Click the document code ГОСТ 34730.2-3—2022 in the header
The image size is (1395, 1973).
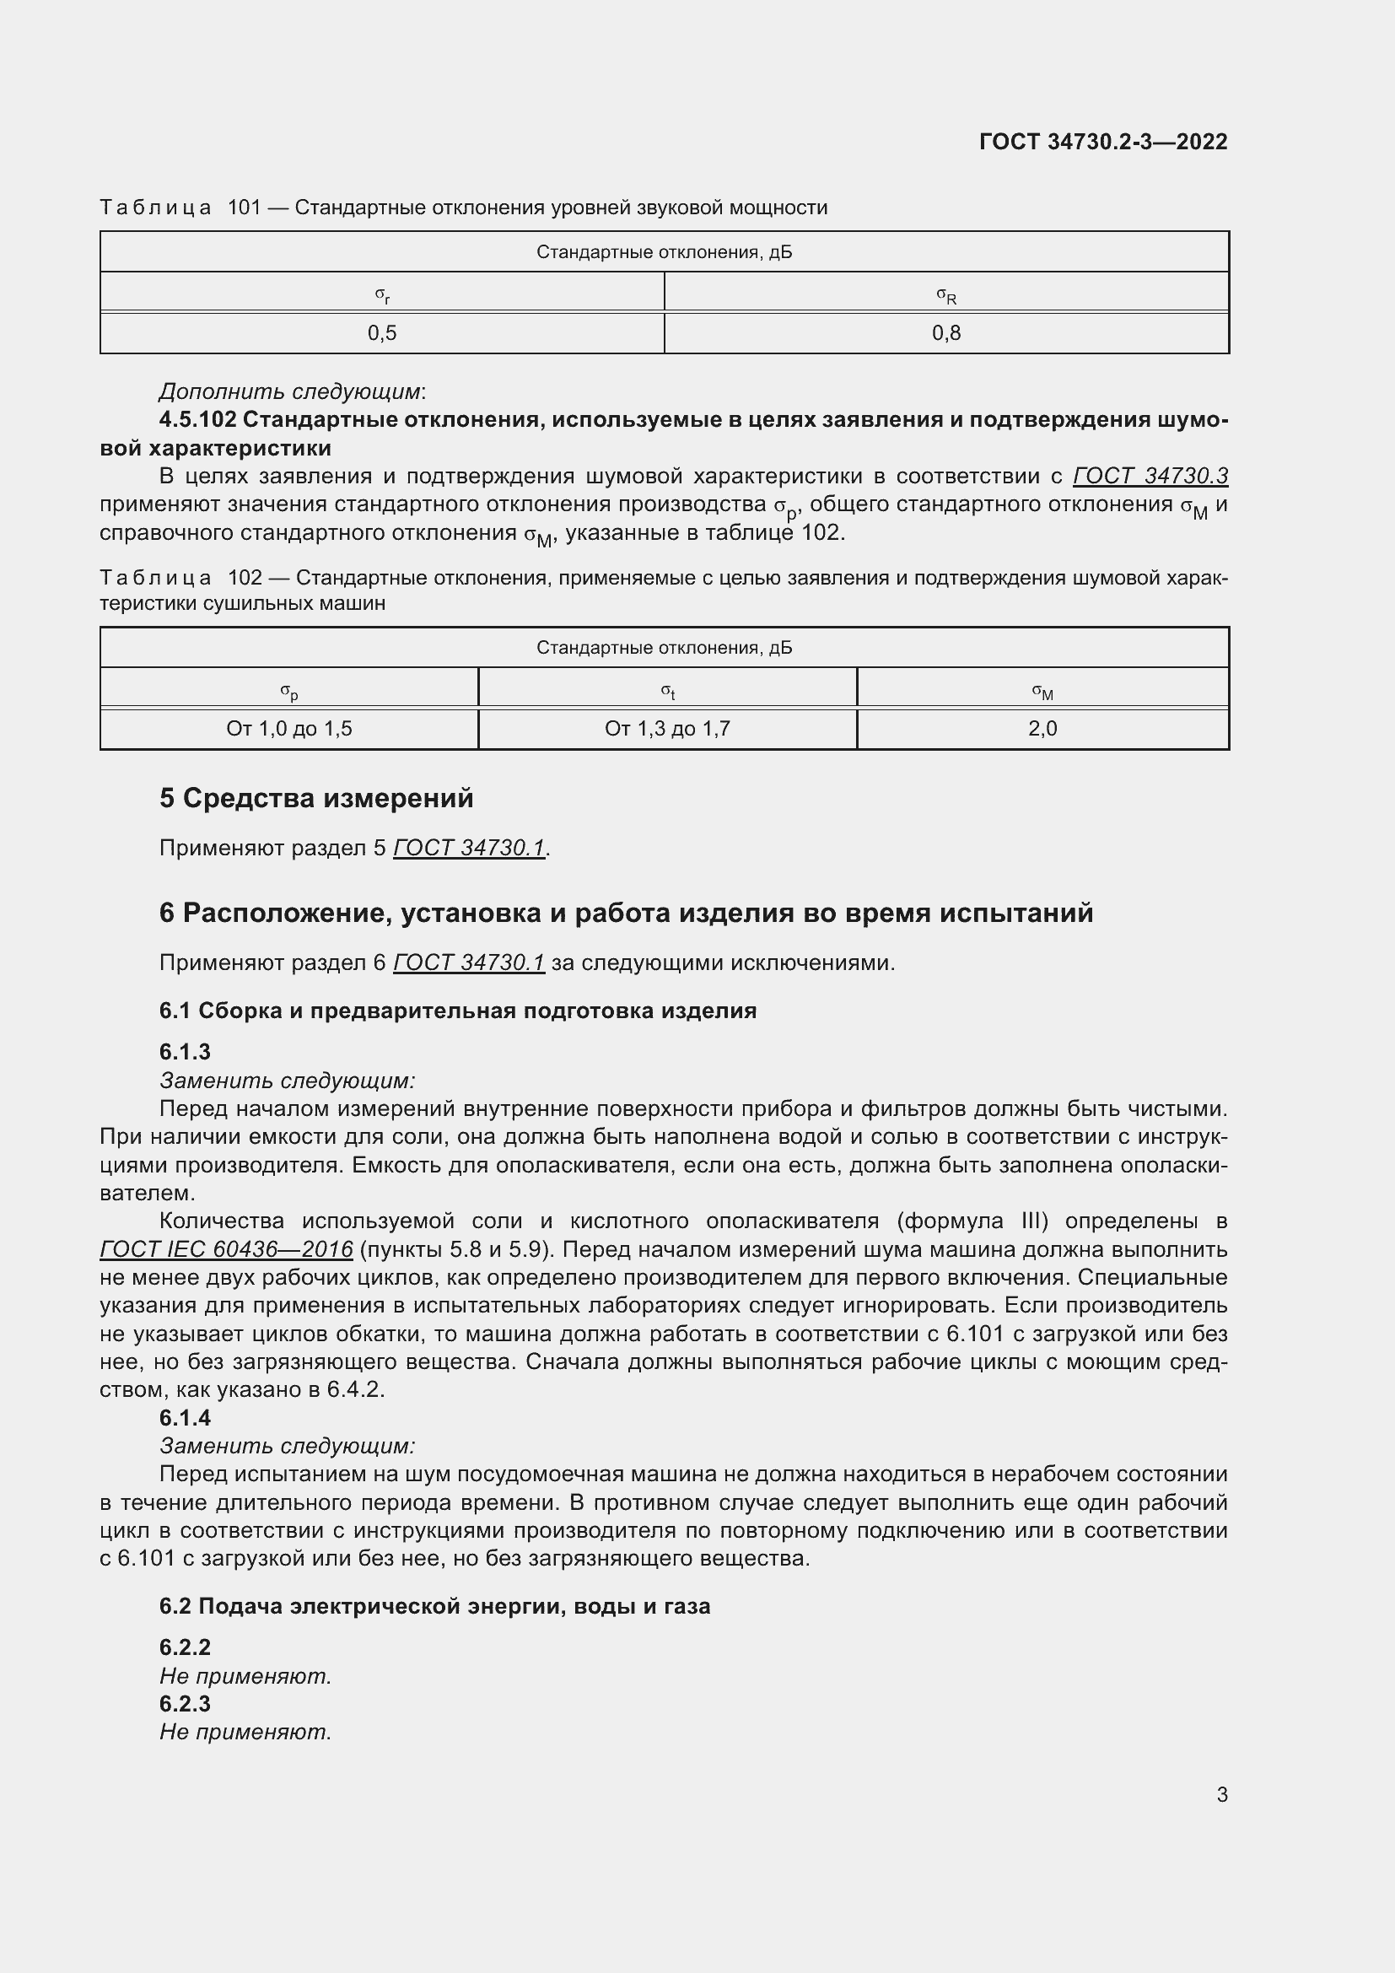coord(1103,142)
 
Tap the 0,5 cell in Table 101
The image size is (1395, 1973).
coord(382,333)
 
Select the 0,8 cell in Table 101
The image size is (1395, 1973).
coord(945,333)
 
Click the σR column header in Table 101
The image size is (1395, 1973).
coord(945,295)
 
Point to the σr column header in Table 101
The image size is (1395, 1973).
coord(382,295)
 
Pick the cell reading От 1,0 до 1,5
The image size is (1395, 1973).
coord(289,729)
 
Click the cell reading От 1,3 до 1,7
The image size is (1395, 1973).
coord(667,729)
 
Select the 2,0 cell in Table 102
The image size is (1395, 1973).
coord(1042,729)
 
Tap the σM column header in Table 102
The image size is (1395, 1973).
coord(1042,691)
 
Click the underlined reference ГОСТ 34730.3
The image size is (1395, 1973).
coord(1150,476)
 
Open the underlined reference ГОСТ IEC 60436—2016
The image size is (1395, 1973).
coord(227,1248)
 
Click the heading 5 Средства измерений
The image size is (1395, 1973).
coord(316,798)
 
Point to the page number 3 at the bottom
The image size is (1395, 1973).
coord(1221,1794)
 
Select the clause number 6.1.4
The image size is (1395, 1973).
coord(185,1418)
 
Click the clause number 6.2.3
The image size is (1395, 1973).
coord(185,1703)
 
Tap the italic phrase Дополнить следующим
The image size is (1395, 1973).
coord(290,392)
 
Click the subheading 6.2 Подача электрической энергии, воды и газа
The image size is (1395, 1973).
coord(434,1606)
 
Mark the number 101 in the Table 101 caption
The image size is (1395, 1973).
coord(244,208)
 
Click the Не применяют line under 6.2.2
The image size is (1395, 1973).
coord(245,1676)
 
